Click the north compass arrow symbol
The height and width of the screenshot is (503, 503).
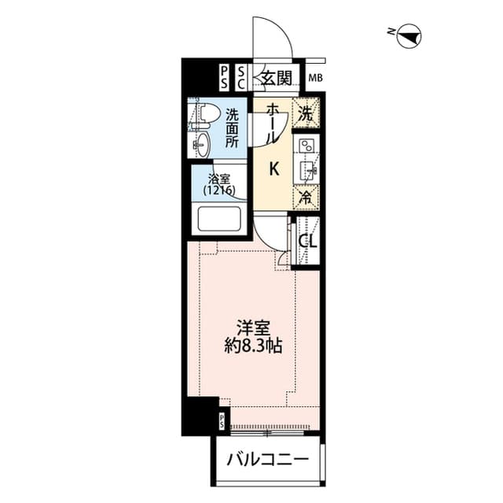pos(409,34)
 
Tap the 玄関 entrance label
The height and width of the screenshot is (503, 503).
pos(277,78)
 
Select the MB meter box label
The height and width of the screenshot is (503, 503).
pos(316,78)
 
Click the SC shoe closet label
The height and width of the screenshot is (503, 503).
pos(241,77)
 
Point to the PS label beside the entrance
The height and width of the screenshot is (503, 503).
pos(224,77)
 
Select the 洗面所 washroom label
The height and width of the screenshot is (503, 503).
pos(233,128)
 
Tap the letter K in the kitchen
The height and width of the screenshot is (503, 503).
pos(274,168)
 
